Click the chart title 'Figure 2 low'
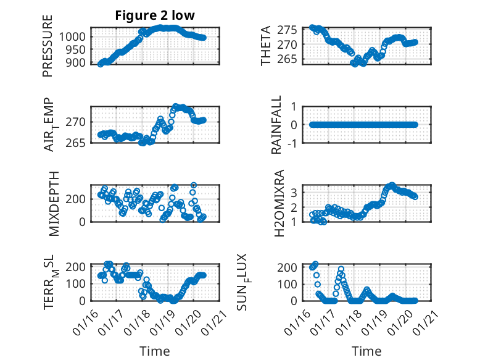pyautogui.click(x=155, y=16)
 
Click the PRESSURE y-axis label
pyautogui.click(x=48, y=46)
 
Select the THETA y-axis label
pyautogui.click(x=266, y=46)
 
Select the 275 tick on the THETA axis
pyautogui.click(x=294, y=29)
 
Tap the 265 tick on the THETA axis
pyautogui.click(x=294, y=59)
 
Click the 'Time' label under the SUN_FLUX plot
pyautogui.click(x=366, y=351)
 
